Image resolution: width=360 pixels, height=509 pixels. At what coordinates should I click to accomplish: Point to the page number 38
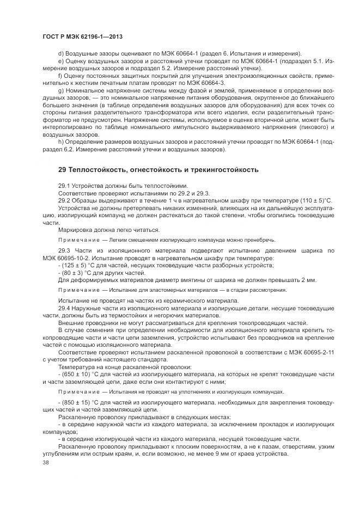[x=45, y=462]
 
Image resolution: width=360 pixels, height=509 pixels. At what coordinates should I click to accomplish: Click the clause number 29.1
[x=64, y=185]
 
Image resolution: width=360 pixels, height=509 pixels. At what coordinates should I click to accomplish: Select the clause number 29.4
[x=64, y=308]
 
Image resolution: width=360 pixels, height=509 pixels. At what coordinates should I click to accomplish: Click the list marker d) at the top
[x=61, y=53]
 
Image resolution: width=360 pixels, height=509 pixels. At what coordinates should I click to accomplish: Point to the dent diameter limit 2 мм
[x=308, y=280]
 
